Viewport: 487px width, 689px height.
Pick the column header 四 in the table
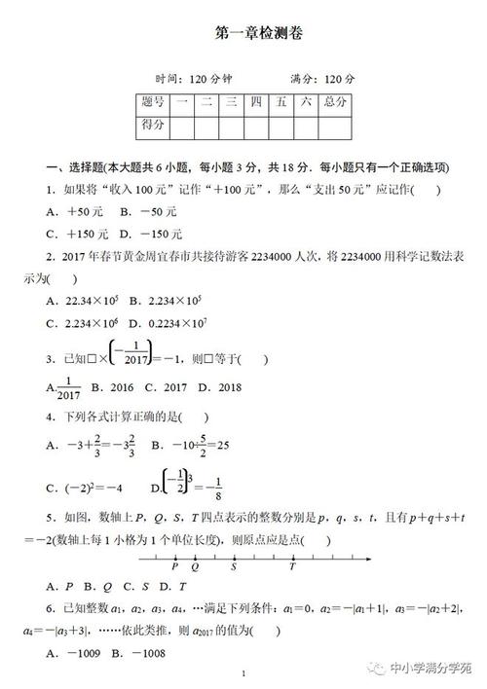(256, 101)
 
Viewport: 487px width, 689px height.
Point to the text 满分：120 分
(322, 78)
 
